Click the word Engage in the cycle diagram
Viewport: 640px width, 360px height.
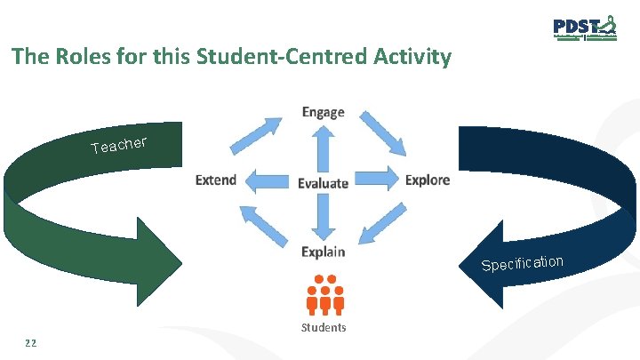323,112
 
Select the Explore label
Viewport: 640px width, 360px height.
428,180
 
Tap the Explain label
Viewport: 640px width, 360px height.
323,252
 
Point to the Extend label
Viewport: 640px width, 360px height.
216,180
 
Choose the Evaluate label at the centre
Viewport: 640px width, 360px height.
323,183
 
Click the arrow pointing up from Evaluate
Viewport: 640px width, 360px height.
323,147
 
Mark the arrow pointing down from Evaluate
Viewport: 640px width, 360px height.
323,218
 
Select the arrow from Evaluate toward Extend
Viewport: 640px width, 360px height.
267,180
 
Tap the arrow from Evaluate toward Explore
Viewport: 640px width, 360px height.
377,179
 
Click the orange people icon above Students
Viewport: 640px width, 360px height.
324,294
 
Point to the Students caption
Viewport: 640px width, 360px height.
324,328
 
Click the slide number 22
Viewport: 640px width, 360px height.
33,343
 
